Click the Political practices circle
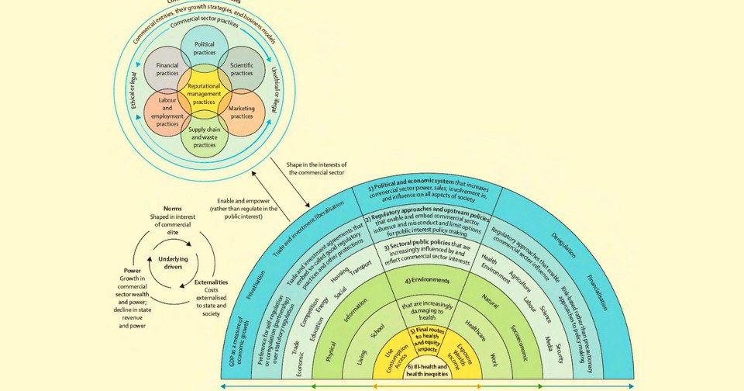(205, 50)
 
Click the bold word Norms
(172, 209)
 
